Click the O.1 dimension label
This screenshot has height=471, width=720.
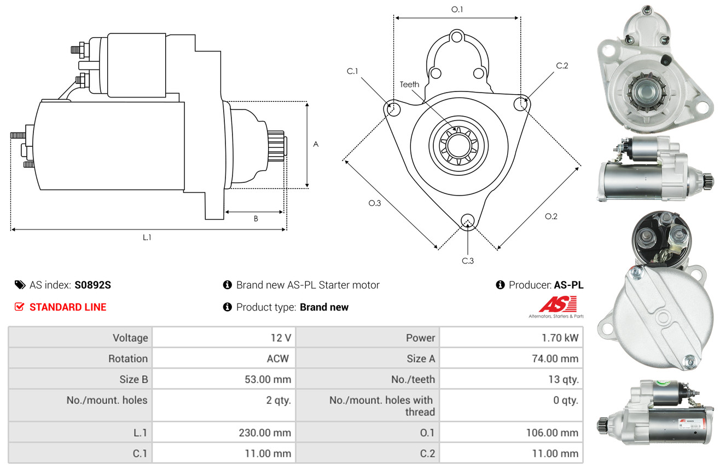tap(457, 10)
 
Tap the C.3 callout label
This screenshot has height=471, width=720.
tap(468, 261)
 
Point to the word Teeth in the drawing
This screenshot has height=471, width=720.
tap(409, 84)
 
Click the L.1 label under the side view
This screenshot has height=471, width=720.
tap(147, 238)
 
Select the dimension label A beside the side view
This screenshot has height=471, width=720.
tap(316, 144)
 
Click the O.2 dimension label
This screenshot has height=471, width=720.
tap(551, 216)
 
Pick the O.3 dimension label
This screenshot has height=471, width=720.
tap(374, 203)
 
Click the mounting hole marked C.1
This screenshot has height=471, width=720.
tap(392, 108)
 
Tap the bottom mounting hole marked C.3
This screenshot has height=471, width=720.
tap(468, 221)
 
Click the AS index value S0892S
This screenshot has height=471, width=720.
tap(92, 285)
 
